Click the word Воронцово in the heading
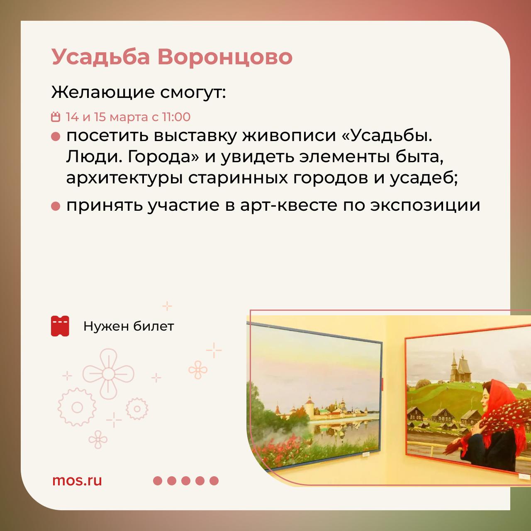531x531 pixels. (x=225, y=57)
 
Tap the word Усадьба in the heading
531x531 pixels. (x=101, y=58)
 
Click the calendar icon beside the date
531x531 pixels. (x=56, y=117)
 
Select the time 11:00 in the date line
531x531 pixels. (x=176, y=117)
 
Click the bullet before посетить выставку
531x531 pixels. (x=56, y=136)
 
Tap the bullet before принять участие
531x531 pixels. (x=56, y=206)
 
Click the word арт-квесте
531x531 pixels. (x=288, y=206)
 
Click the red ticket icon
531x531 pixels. (x=60, y=326)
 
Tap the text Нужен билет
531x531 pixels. (x=129, y=326)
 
